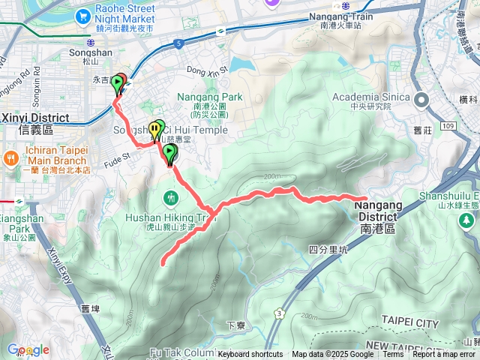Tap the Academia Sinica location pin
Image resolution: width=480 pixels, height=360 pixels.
click(x=421, y=99)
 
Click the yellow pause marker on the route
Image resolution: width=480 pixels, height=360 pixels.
click(x=154, y=129)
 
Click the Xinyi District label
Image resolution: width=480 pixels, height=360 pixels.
click(x=34, y=118)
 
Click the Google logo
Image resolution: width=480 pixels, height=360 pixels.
click(x=28, y=350)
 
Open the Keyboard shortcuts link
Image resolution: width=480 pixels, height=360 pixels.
click(x=250, y=355)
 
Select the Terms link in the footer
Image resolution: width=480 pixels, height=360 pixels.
click(x=393, y=355)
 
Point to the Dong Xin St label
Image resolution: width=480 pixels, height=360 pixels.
click(x=205, y=72)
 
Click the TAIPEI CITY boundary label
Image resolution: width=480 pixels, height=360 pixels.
click(x=409, y=322)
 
